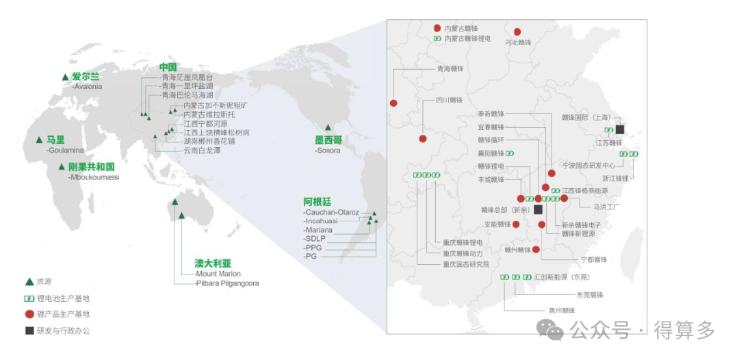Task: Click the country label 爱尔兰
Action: (86, 77)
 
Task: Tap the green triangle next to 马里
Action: (39, 140)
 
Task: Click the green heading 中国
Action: (168, 67)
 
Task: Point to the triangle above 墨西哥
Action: (328, 127)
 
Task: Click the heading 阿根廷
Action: (317, 202)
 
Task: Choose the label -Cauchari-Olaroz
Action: (331, 212)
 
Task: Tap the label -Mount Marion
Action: (218, 274)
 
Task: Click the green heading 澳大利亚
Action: (213, 263)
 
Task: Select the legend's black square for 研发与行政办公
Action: (29, 331)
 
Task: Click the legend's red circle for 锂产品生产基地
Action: (29, 315)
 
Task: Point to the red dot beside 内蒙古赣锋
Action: (437, 28)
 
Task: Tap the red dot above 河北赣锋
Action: (517, 31)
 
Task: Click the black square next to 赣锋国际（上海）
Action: (620, 129)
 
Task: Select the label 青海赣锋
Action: (450, 68)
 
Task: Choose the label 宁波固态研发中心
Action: (588, 166)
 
